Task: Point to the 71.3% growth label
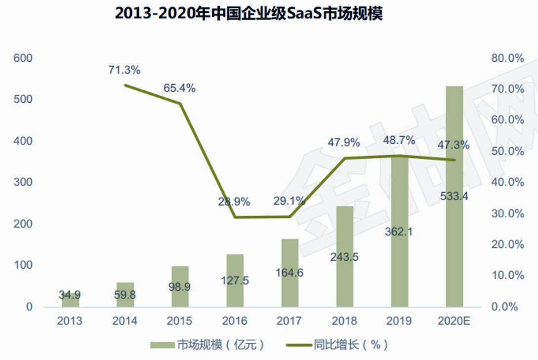pos(124,70)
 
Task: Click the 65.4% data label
pos(179,88)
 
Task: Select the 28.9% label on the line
pos(234,201)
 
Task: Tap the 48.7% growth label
pos(399,140)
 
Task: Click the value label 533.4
pos(455,197)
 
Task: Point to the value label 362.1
pos(399,231)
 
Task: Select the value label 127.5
pos(235,280)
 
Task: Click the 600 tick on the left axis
pos(23,58)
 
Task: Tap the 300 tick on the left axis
pos(23,182)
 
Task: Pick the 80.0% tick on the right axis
pos(507,58)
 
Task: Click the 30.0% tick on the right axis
pos(507,213)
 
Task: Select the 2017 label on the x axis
pos(290,321)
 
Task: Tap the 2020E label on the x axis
pos(455,321)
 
